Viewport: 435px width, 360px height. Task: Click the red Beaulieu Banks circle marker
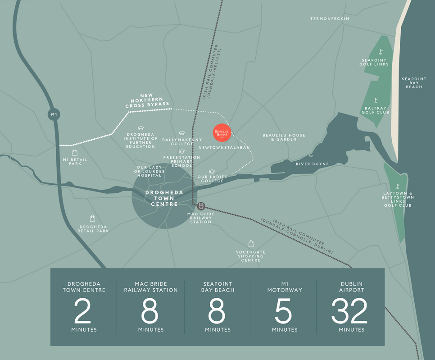[x=222, y=132]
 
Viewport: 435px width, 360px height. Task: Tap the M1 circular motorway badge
[x=54, y=114]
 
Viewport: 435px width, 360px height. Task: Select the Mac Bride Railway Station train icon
[x=201, y=206]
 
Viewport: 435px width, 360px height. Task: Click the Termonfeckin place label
[x=330, y=18]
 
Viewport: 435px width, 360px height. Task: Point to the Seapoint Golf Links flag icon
[x=381, y=52]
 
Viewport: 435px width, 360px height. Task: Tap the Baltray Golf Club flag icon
[x=376, y=100]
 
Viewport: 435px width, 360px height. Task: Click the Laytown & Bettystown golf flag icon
[x=397, y=186]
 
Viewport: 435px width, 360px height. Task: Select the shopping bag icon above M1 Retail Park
[x=75, y=152]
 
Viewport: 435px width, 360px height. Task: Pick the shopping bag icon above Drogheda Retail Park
[x=93, y=219]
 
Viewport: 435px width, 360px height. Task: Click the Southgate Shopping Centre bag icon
[x=251, y=244]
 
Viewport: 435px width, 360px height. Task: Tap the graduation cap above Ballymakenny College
[x=181, y=133]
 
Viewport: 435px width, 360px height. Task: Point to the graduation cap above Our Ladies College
[x=212, y=171]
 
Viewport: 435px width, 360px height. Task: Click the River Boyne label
[x=312, y=164]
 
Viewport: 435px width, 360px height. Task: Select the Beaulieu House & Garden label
[x=284, y=137]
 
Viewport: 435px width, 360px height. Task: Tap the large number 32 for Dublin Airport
[x=349, y=311]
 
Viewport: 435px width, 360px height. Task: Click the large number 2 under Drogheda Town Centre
[x=83, y=311]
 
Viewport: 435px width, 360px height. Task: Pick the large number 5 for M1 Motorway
[x=284, y=311]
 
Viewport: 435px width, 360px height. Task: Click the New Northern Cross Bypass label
[x=147, y=100]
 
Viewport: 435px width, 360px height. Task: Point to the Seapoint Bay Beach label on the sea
[x=414, y=83]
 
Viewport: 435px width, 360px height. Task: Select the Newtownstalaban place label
[x=224, y=147]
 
